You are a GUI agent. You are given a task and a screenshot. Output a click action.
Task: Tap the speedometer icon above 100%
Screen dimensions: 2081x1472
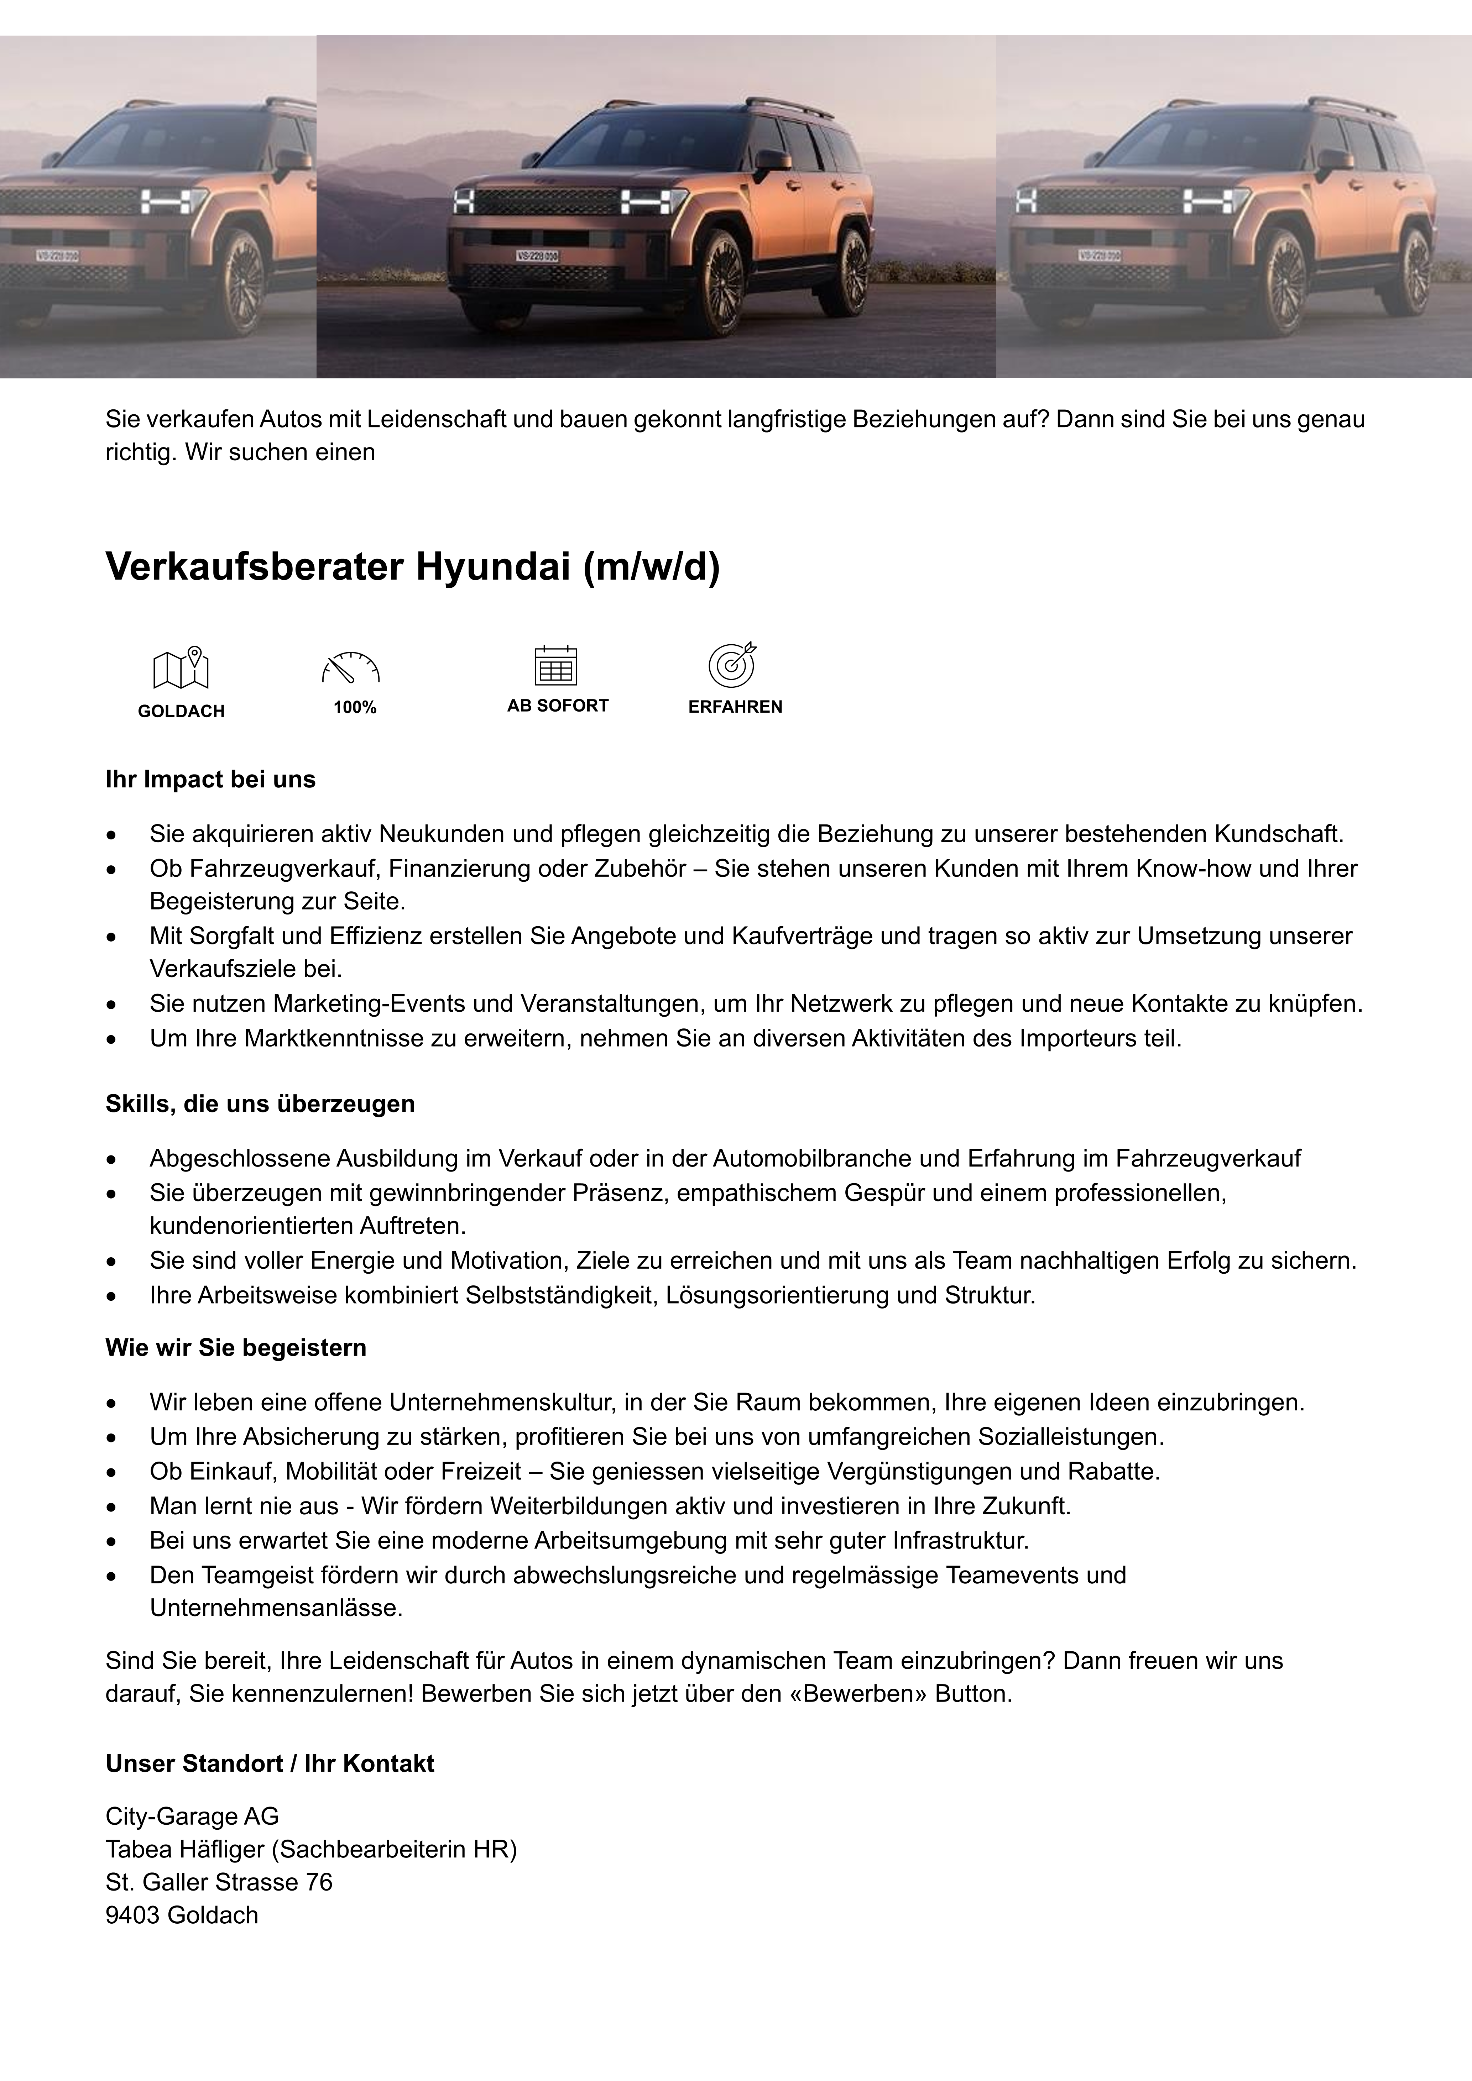click(351, 668)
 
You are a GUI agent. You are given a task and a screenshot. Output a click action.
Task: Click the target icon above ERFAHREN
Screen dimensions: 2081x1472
click(732, 664)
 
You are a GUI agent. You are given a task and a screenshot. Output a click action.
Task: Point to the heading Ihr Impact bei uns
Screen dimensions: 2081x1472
click(210, 780)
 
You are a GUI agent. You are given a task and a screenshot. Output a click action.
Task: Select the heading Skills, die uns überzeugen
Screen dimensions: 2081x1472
click(260, 1104)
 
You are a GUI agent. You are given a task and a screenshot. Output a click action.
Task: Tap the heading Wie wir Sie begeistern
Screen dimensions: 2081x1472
click(236, 1348)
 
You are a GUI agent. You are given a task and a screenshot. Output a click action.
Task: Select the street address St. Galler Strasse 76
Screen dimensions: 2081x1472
click(218, 1882)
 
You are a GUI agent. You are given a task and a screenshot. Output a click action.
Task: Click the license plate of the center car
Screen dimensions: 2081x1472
click(537, 257)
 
